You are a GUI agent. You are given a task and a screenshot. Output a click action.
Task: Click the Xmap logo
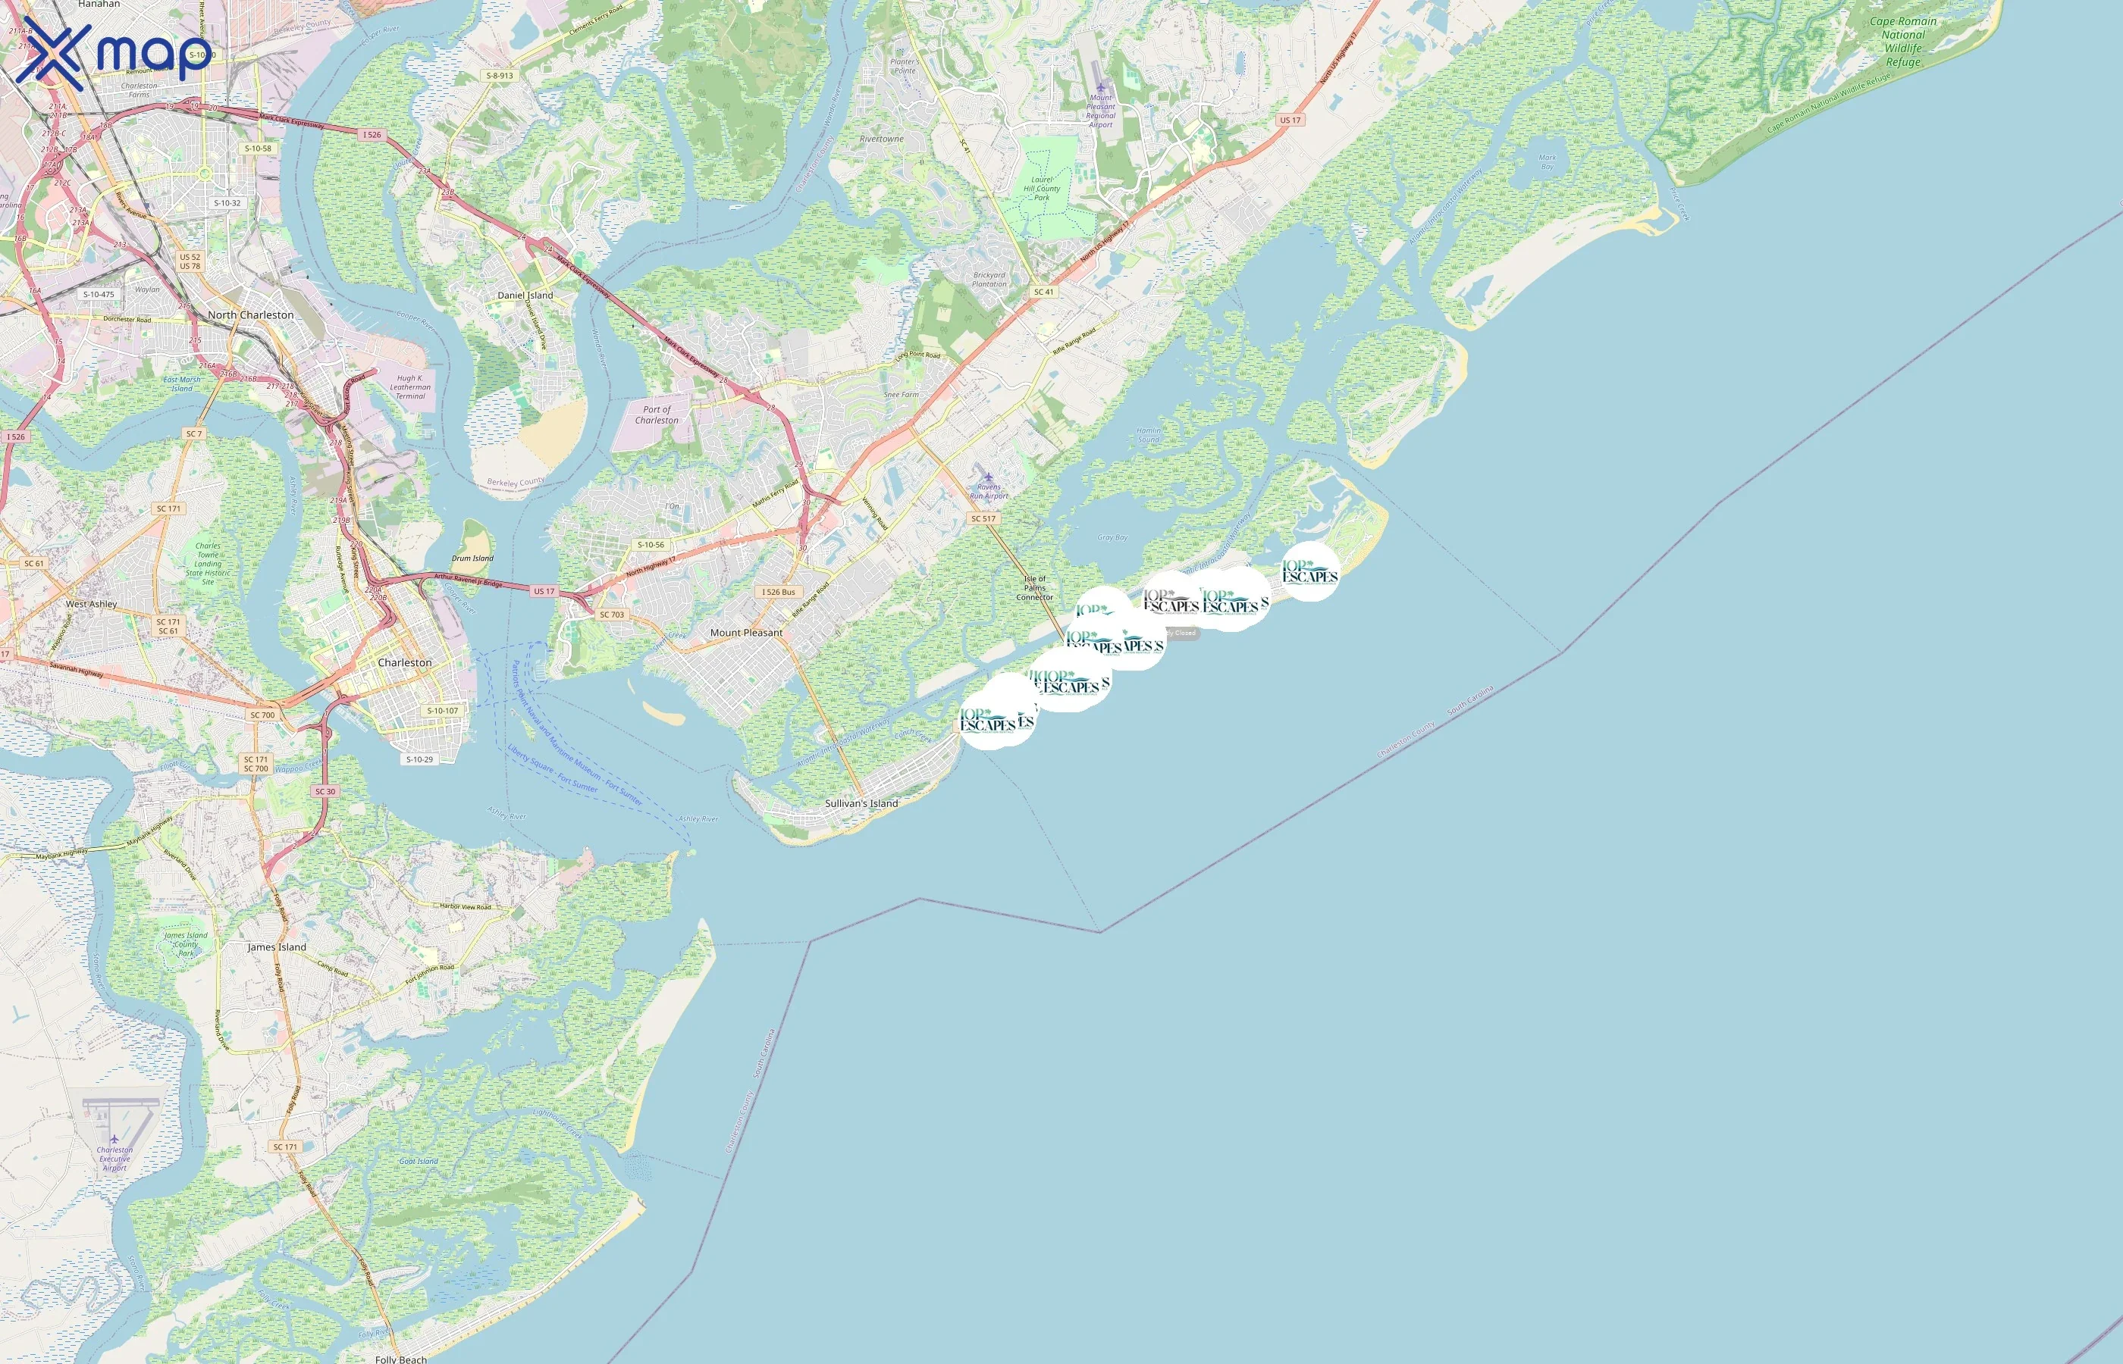point(114,53)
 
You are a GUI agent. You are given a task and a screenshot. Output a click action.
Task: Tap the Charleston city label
point(405,662)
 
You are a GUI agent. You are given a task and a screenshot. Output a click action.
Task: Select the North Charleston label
point(251,314)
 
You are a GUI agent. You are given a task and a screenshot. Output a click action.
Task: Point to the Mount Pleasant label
point(746,633)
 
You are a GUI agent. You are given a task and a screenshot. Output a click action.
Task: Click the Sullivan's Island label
point(861,803)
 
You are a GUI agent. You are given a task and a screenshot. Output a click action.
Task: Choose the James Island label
point(277,946)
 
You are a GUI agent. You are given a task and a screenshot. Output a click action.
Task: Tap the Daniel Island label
point(525,295)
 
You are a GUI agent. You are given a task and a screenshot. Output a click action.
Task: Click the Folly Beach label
point(400,1359)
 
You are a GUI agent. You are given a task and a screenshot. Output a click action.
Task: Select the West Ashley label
point(91,604)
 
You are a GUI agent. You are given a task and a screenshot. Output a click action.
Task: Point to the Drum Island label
point(472,558)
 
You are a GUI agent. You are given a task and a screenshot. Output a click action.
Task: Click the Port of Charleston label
point(657,415)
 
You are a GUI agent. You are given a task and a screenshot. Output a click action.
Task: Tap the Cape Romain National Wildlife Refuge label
point(1902,42)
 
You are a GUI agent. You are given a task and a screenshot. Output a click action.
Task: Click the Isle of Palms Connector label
point(1035,588)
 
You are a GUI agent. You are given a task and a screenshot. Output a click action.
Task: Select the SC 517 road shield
point(983,519)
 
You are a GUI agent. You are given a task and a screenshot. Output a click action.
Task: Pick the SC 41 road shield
point(1044,292)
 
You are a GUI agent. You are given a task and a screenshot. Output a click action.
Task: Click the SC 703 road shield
point(611,614)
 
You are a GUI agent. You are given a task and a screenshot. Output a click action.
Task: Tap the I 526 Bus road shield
point(779,592)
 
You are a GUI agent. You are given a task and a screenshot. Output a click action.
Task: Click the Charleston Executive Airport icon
point(114,1138)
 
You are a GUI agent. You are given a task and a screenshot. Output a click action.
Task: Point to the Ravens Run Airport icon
point(989,477)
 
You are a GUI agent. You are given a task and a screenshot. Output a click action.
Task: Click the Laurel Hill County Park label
point(1041,189)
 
